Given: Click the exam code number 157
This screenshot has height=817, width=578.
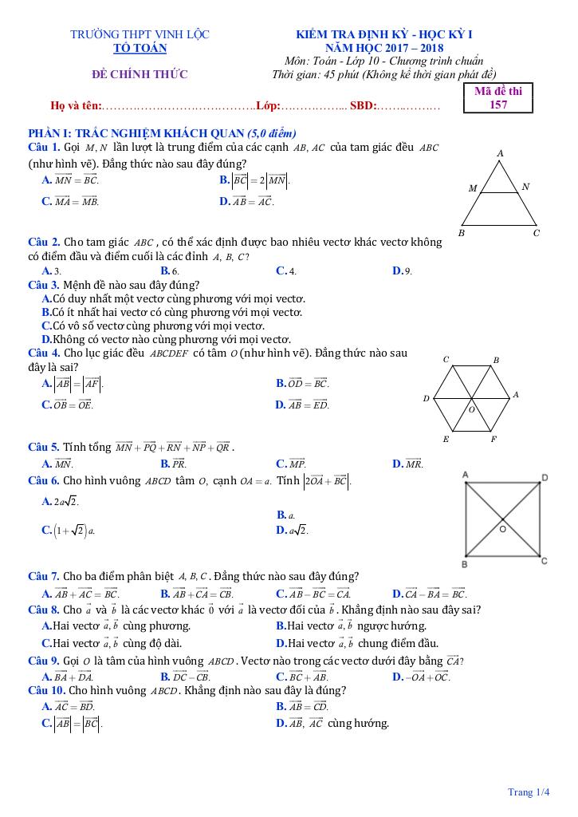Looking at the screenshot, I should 498,105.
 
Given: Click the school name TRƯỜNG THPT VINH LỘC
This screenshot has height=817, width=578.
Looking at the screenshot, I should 140,34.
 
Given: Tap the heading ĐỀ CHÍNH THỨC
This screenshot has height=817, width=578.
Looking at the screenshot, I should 140,75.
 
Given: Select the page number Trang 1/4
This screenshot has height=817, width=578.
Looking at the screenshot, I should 529,792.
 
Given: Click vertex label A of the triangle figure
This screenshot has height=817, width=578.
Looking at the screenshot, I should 500,152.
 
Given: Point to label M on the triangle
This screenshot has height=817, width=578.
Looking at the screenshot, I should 472,189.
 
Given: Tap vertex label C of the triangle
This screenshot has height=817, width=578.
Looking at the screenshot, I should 537,233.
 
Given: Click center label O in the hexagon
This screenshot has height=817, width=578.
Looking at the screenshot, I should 471,409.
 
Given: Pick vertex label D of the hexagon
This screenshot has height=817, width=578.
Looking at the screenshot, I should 426,397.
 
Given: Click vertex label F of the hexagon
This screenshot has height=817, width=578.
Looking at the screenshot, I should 493,439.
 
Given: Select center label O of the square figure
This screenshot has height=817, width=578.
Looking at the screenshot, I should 502,528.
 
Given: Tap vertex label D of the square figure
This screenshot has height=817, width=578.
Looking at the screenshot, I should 545,477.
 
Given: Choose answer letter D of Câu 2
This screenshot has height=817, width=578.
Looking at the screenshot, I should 396,271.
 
